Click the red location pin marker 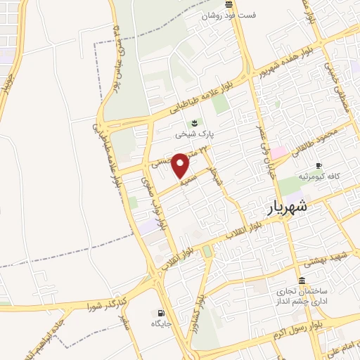click(x=181, y=165)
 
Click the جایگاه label click(x=162, y=324)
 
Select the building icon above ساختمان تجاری click(x=302, y=280)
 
